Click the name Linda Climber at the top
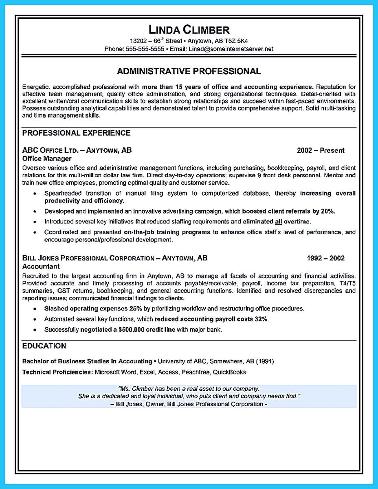coord(189,30)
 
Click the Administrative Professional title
coord(189,71)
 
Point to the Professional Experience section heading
coord(76,133)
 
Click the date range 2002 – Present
coord(321,150)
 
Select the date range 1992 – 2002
coord(325,258)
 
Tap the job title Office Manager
coord(46,159)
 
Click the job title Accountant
coord(41,266)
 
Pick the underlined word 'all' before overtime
coord(279,222)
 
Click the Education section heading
coord(44,346)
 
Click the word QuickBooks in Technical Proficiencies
coord(229,372)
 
